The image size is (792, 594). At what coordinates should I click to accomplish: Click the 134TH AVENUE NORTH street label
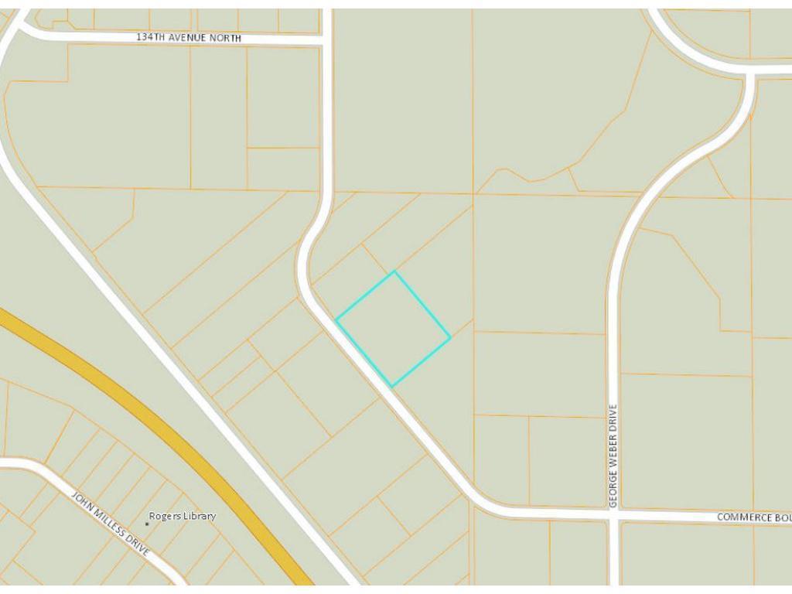click(x=189, y=38)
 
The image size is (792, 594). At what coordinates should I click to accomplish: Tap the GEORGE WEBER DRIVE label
click(x=613, y=456)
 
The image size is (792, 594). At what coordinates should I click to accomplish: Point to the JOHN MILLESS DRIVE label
click(x=111, y=523)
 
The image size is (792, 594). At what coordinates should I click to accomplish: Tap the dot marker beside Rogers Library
click(x=147, y=524)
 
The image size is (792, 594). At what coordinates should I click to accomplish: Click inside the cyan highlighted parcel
click(x=393, y=329)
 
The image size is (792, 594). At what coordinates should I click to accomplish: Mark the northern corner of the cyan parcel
click(x=394, y=271)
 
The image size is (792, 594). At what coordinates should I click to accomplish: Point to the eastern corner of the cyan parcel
click(x=450, y=337)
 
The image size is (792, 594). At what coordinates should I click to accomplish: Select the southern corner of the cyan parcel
click(x=392, y=387)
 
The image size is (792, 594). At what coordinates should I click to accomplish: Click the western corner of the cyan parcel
click(x=336, y=319)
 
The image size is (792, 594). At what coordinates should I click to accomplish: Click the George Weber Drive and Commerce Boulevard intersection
click(x=613, y=515)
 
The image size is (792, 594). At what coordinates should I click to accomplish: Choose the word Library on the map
click(x=200, y=516)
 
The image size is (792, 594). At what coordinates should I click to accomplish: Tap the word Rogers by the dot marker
click(x=165, y=516)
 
